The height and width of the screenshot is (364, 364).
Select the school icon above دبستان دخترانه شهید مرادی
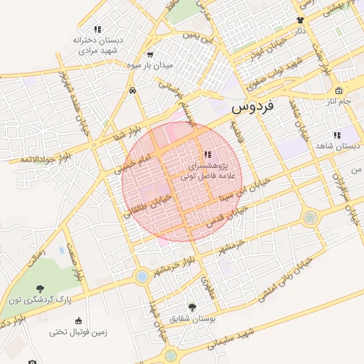97,29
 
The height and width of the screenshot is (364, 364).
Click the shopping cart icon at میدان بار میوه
150,55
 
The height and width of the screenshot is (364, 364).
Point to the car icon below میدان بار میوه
134,90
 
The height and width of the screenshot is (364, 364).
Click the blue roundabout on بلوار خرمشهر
142,276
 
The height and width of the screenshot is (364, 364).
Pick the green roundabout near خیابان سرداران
310,218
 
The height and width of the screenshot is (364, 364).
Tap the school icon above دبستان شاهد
336,135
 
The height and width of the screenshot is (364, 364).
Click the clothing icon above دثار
300,21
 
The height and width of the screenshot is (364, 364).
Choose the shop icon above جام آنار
338,91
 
